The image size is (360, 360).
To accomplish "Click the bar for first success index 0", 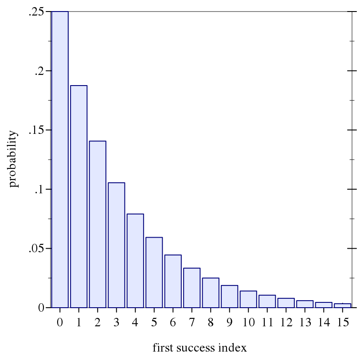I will [60, 160].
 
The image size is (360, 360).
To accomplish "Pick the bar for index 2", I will [98, 224].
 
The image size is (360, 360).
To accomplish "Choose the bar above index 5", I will [154, 272].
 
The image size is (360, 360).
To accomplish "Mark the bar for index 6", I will [173, 281].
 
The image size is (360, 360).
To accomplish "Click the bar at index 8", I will [211, 293].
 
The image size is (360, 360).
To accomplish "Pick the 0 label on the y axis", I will [41, 308].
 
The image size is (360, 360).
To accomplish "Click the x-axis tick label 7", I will [192, 322].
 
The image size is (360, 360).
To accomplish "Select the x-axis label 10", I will [248, 322].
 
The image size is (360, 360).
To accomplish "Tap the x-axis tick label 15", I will [342, 322].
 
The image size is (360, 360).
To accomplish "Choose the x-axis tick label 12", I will [286, 322].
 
